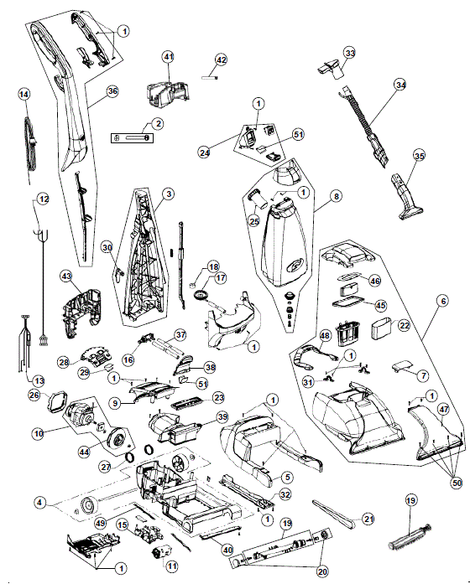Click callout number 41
(x=168, y=56)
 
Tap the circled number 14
(x=24, y=95)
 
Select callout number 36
(x=112, y=92)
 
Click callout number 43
(x=67, y=276)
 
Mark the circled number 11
(x=171, y=566)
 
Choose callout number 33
(x=349, y=53)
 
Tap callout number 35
(x=418, y=155)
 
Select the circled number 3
(x=168, y=194)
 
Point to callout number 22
(x=403, y=325)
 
